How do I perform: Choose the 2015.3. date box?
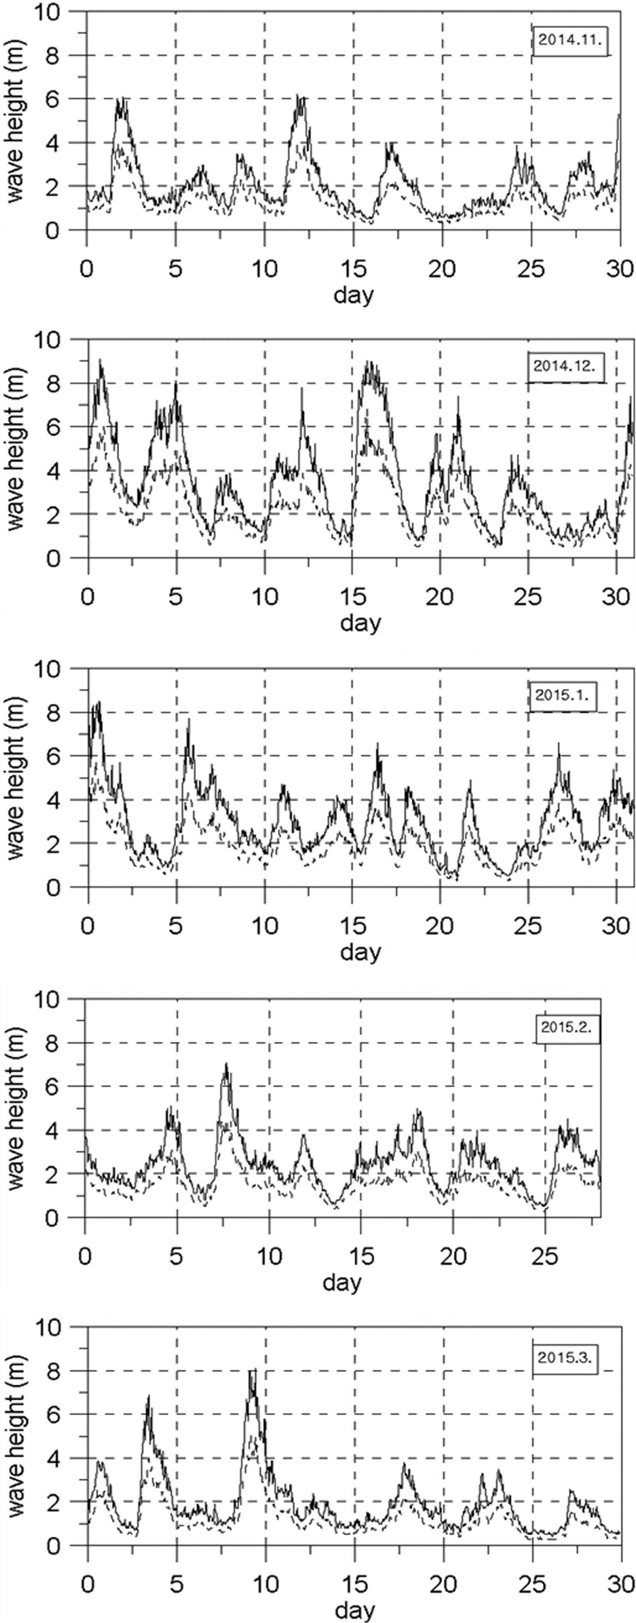[565, 1357]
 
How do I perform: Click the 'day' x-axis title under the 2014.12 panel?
[360, 623]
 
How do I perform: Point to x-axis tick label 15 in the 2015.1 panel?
[353, 925]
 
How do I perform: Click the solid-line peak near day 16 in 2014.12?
[370, 362]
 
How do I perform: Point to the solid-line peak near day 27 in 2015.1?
[558, 745]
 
